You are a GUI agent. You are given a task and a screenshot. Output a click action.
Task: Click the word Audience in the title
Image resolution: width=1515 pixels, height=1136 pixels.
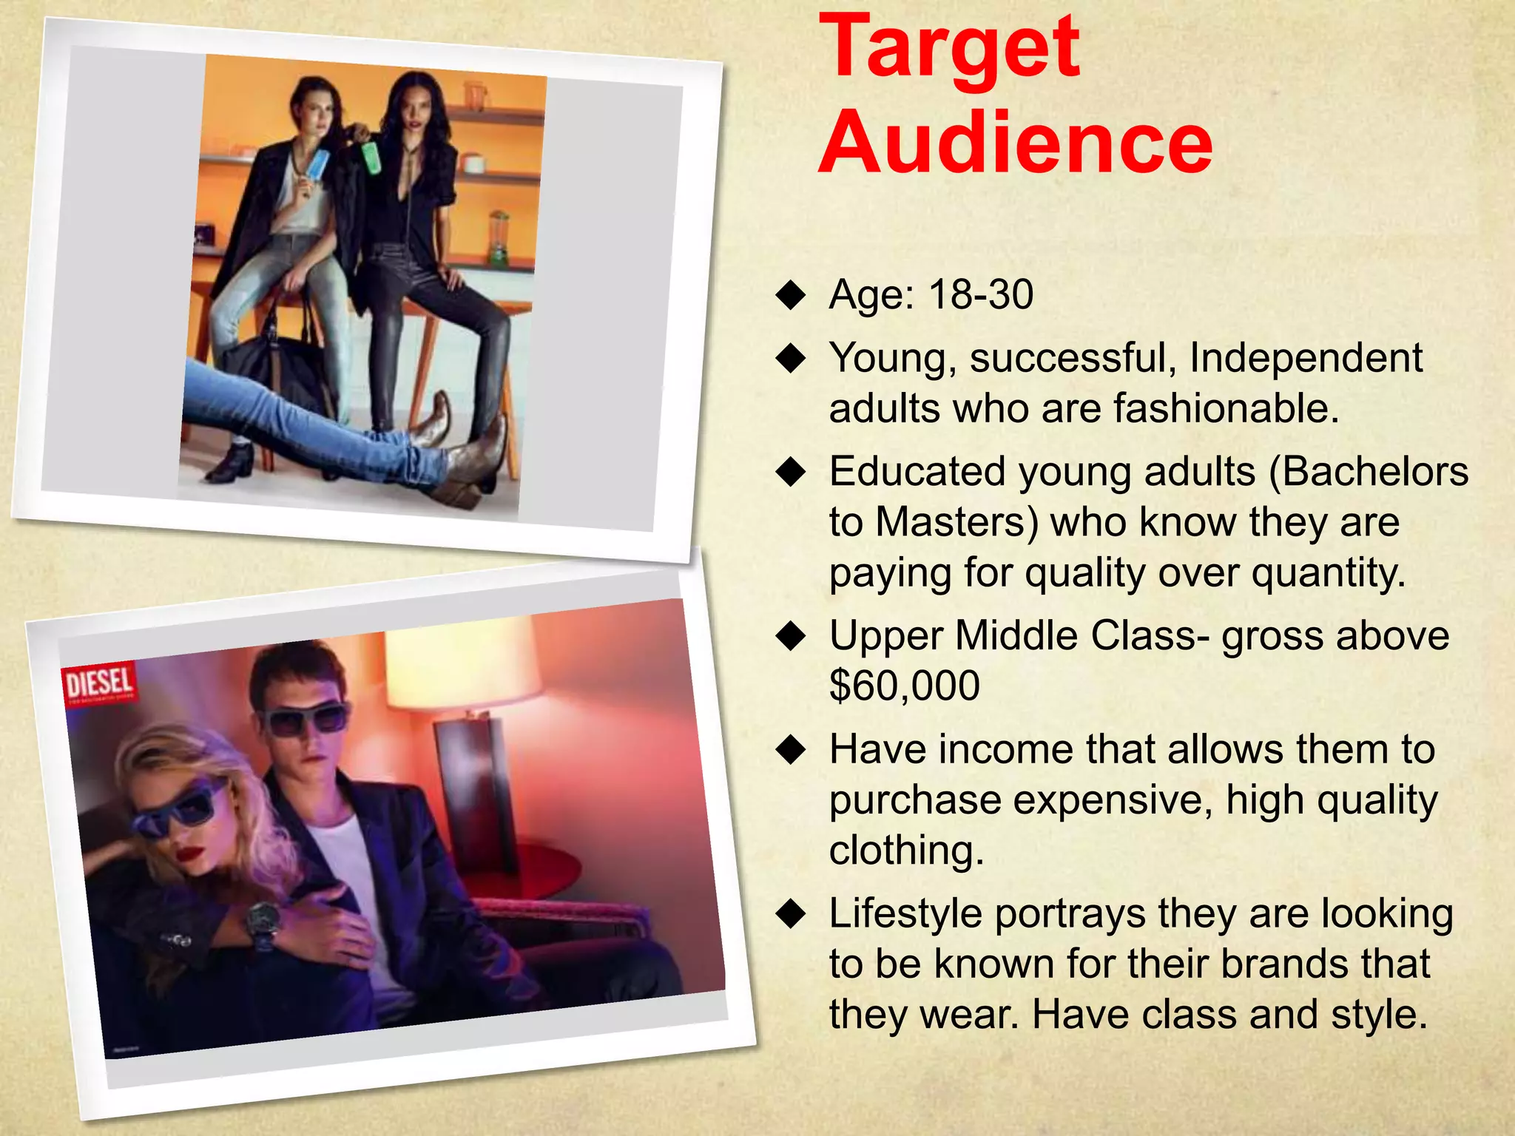click(x=1015, y=142)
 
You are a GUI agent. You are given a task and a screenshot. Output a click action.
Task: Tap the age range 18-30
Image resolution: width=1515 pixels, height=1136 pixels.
click(x=981, y=294)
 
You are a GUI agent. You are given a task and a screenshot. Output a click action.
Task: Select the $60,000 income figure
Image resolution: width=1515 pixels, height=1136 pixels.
click(x=904, y=686)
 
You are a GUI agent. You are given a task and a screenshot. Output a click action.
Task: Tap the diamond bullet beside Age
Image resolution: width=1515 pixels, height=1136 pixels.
click(x=791, y=296)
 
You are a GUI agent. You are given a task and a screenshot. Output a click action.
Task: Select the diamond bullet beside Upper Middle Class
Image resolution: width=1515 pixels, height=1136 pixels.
click(x=791, y=636)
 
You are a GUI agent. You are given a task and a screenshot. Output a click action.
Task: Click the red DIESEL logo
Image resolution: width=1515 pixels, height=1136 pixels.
click(x=100, y=683)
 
